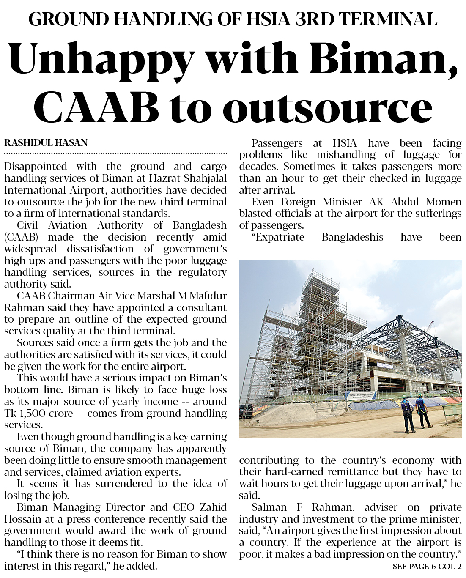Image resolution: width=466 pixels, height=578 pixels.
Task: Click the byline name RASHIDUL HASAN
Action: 46,143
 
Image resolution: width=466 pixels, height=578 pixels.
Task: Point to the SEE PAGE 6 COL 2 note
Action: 427,567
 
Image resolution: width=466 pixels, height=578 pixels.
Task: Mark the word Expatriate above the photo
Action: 280,237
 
